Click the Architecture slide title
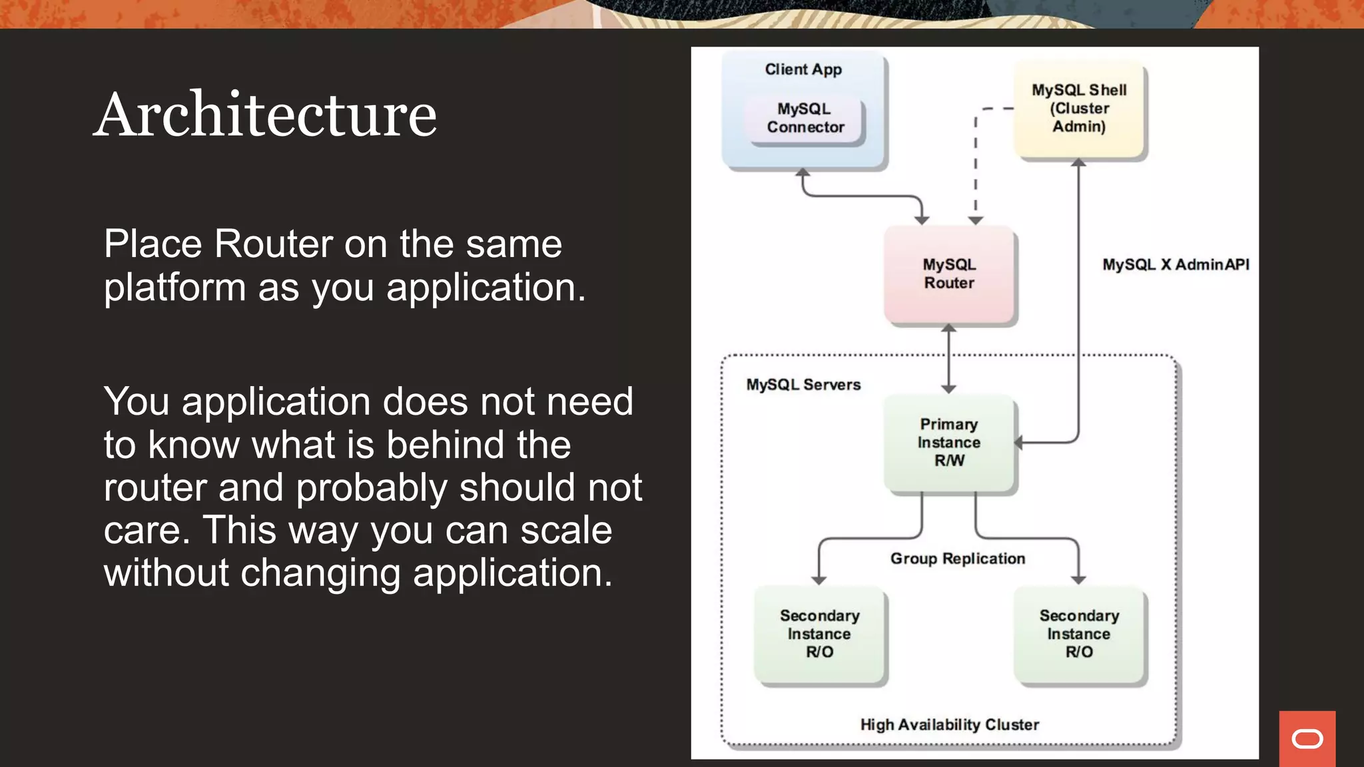(265, 115)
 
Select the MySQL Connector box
(805, 119)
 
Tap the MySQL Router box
(948, 274)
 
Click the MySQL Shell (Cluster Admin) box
(1079, 109)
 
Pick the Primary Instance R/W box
(948, 443)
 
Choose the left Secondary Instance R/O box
(819, 634)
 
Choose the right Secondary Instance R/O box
(1079, 634)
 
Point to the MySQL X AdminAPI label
(1176, 265)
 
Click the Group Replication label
(958, 559)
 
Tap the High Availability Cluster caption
(949, 724)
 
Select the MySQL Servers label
(803, 385)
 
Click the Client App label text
(803, 69)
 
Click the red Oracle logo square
(1307, 738)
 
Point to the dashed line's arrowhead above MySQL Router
(975, 220)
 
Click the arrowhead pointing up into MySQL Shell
(1078, 162)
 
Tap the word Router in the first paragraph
(273, 244)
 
